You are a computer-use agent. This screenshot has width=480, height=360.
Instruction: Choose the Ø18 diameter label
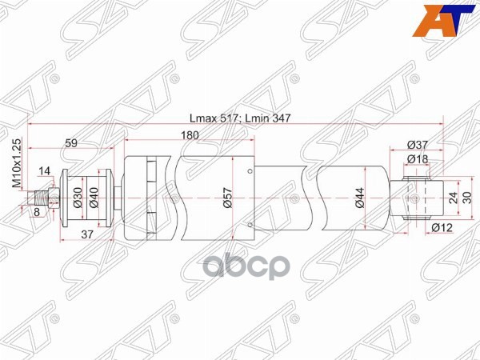point(416,160)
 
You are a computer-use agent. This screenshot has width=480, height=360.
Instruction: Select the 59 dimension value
point(71,144)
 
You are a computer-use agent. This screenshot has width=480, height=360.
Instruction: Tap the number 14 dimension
point(43,171)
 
